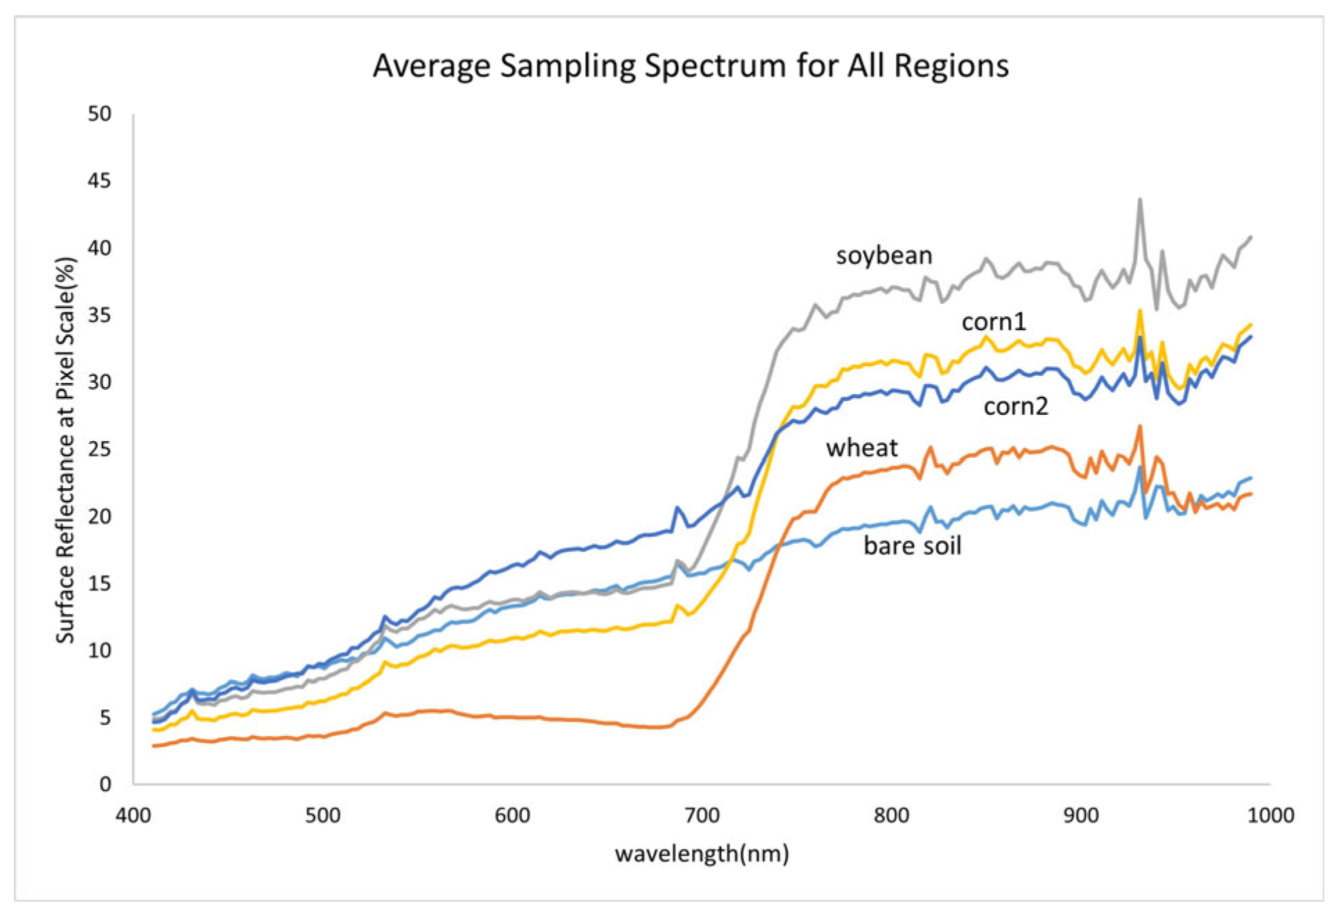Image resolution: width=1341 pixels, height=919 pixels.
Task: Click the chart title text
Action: [690, 66]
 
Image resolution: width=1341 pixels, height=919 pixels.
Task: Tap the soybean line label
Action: [883, 255]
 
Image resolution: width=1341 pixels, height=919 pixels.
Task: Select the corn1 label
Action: [993, 322]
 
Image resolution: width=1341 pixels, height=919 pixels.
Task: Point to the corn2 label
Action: [1015, 406]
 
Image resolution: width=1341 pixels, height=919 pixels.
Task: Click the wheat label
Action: [861, 448]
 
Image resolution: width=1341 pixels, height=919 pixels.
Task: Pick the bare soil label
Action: [912, 546]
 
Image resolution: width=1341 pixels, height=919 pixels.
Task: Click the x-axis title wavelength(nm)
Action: [701, 853]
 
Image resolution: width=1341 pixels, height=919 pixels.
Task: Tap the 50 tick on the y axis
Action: [99, 114]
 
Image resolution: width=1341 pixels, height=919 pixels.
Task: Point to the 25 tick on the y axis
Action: [99, 449]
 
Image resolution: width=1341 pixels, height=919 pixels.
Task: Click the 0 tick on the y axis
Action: [105, 784]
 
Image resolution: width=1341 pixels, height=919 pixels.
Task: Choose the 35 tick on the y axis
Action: [99, 315]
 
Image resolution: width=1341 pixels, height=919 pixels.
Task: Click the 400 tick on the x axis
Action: [133, 815]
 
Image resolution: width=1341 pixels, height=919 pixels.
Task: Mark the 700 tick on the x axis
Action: [701, 815]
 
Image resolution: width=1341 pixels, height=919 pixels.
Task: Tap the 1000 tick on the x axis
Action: [1270, 815]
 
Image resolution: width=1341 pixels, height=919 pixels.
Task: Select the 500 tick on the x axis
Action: [322, 815]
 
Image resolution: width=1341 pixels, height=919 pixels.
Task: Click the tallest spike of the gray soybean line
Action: [1139, 200]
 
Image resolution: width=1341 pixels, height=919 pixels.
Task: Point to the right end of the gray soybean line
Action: [1250, 237]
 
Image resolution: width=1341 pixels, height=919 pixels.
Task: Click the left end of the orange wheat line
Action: [154, 746]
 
